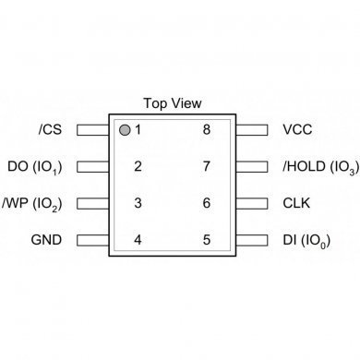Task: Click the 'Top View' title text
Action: [173, 103]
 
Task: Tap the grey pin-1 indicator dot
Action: [124, 129]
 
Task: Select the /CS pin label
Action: [52, 130]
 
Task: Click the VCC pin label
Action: [297, 130]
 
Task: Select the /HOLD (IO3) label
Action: [319, 167]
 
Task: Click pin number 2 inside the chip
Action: [138, 167]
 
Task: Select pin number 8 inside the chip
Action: [207, 130]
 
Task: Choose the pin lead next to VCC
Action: [251, 130]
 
